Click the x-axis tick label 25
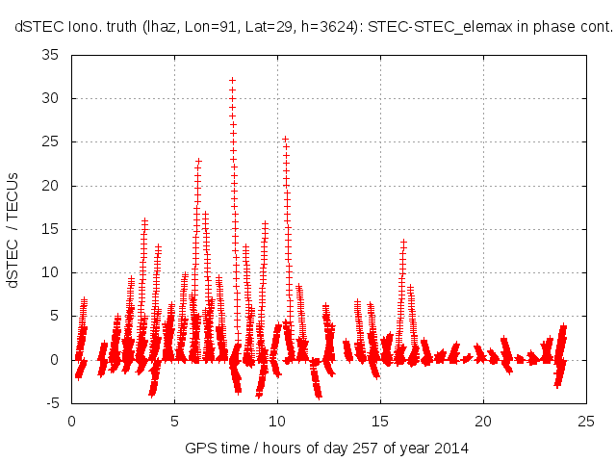pyautogui.click(x=585, y=421)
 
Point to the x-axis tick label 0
pyautogui.click(x=71, y=421)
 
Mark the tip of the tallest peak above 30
pyautogui.click(x=232, y=81)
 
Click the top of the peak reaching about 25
pyautogui.click(x=285, y=139)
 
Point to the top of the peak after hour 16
pyautogui.click(x=403, y=241)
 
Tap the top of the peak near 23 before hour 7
pyautogui.click(x=198, y=161)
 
